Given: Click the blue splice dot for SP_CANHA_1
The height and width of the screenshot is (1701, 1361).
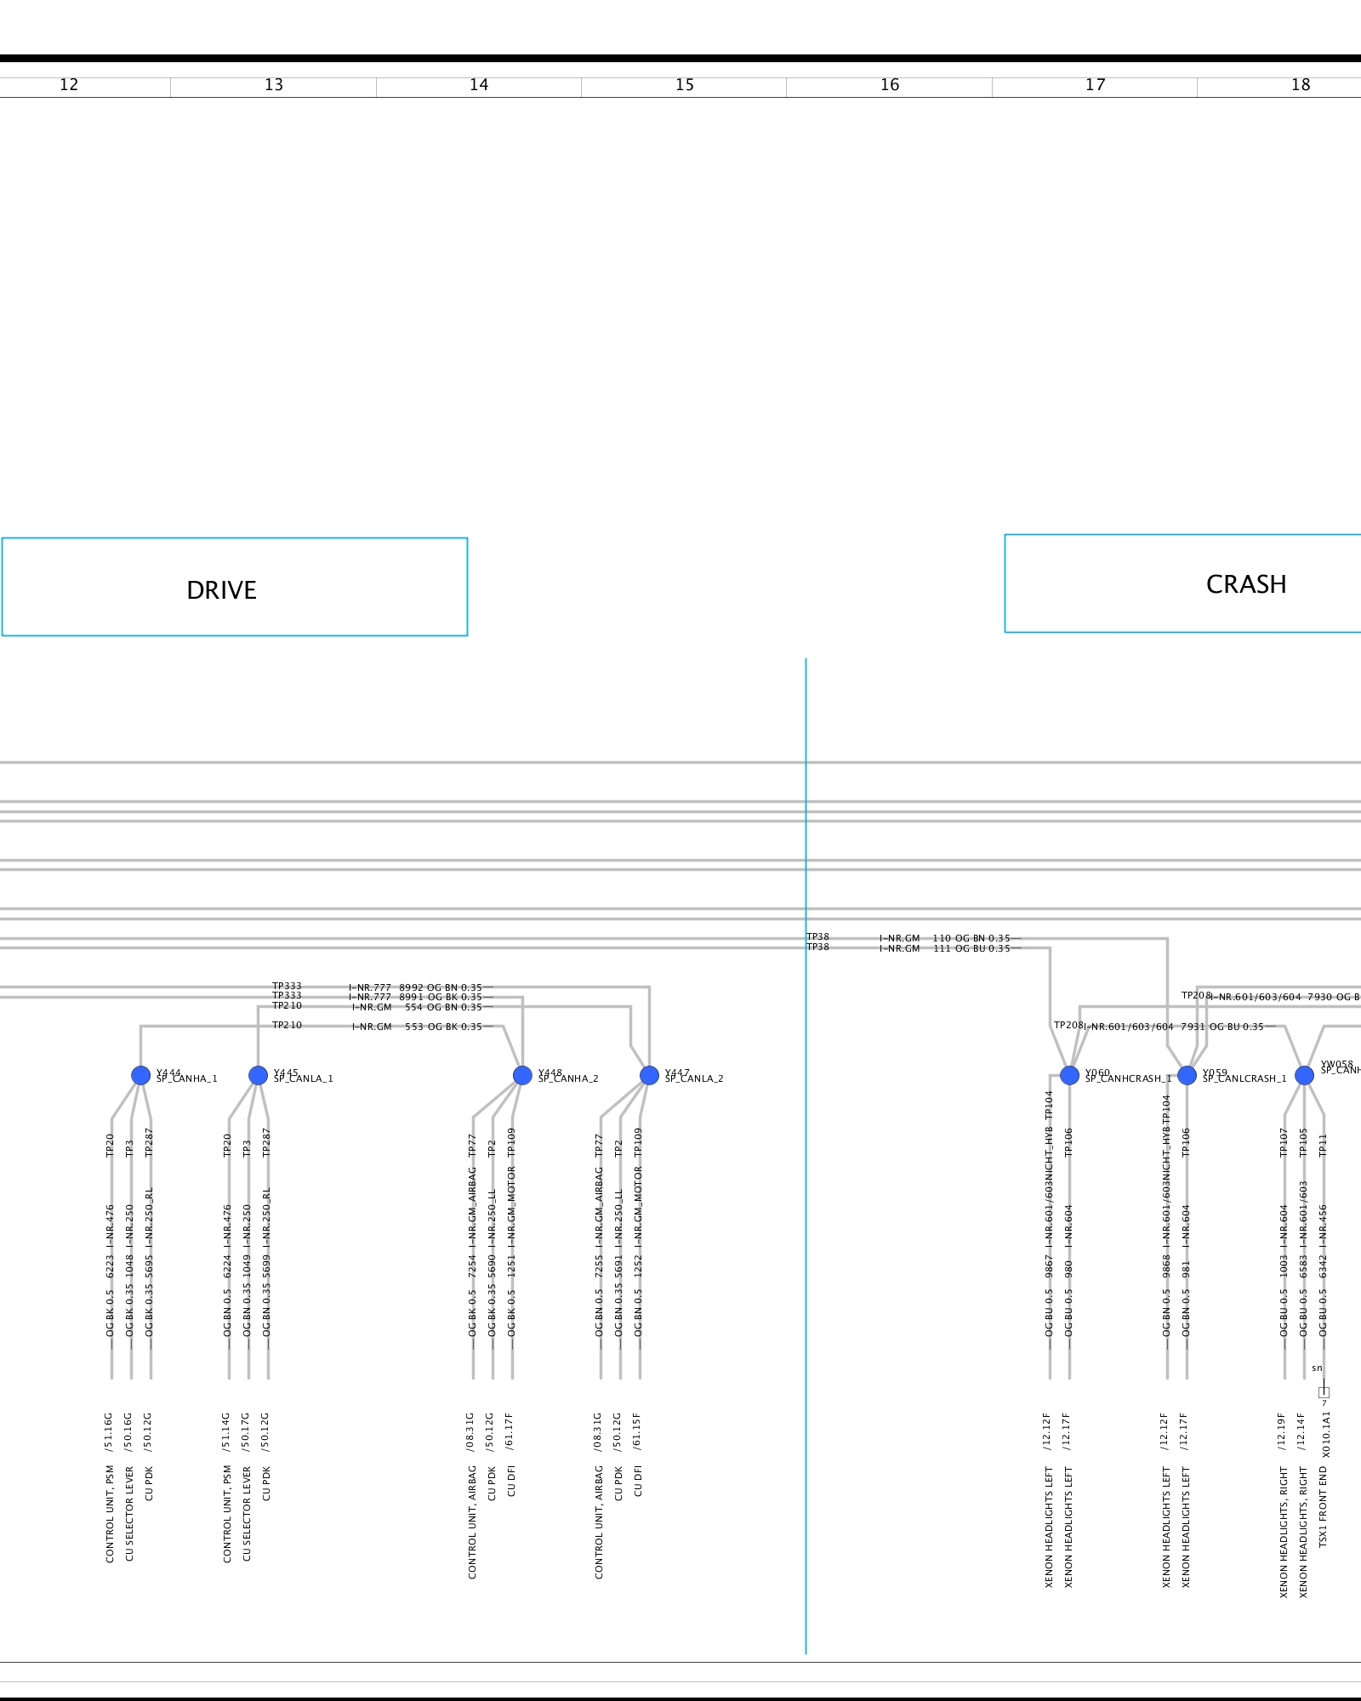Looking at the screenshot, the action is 141,1075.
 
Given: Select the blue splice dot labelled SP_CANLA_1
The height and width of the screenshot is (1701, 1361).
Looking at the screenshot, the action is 259,1075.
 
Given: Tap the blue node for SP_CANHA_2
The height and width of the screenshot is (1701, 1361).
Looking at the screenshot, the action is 523,1075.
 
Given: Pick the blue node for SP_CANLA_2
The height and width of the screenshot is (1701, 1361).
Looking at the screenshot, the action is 649,1075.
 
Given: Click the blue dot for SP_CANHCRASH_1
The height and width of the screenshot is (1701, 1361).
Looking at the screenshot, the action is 1069,1075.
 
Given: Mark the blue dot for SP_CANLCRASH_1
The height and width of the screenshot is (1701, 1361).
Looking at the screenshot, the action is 1187,1075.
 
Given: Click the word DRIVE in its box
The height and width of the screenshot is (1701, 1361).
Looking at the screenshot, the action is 221,590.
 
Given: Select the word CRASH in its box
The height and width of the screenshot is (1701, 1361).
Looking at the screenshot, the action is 1245,584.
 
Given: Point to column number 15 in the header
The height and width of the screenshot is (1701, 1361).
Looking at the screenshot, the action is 685,85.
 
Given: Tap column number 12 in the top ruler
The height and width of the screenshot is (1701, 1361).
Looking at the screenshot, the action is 69,85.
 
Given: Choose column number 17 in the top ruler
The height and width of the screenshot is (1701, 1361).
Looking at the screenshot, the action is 1095,85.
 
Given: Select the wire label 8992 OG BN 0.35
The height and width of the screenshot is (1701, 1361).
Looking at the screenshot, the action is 441,987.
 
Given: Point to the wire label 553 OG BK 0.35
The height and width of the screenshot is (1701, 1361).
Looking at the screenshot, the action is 443,1027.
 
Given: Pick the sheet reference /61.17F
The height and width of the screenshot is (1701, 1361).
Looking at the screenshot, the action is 510,1432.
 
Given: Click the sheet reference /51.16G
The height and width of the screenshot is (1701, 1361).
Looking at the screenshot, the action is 109,1432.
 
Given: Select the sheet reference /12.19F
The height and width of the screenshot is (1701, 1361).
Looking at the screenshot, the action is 1282,1432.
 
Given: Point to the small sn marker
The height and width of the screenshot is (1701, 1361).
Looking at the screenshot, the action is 1317,1368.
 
